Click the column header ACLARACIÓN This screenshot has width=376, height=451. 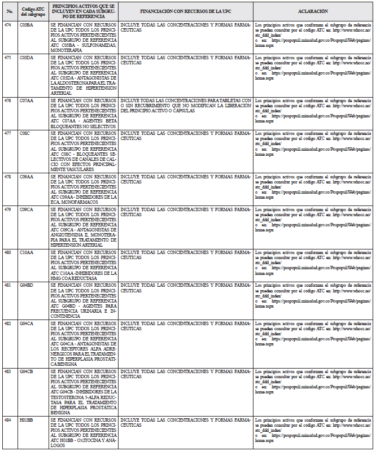(x=313, y=11)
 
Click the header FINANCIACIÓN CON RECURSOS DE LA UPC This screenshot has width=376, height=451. (x=186, y=11)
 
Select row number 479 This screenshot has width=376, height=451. (x=8, y=209)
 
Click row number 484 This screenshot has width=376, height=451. (x=8, y=421)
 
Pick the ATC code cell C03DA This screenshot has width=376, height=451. (x=26, y=58)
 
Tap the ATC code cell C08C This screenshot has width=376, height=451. (x=25, y=133)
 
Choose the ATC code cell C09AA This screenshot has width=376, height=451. (x=26, y=176)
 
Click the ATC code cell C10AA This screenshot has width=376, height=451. (x=26, y=252)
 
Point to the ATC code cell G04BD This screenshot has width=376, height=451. (x=26, y=285)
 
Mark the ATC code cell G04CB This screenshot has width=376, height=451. (x=26, y=371)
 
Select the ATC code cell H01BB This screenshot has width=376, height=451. (x=26, y=421)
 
